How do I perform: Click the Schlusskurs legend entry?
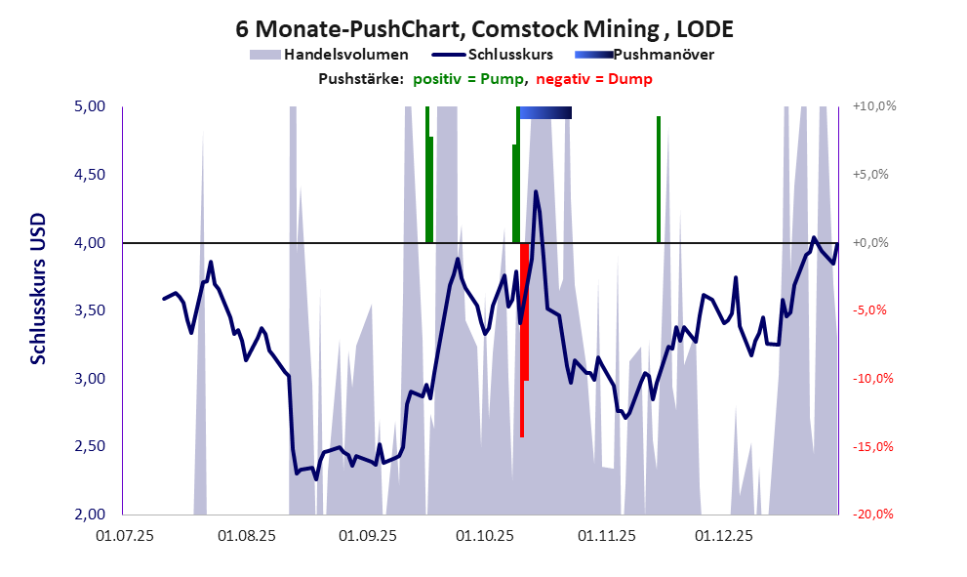[513, 55]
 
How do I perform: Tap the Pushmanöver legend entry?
[663, 55]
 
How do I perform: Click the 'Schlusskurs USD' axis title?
[38, 290]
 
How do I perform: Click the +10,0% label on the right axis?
[873, 106]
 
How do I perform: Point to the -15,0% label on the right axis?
[873, 447]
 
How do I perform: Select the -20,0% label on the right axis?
[873, 515]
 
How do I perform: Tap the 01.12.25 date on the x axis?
[723, 536]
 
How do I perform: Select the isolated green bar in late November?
[659, 179]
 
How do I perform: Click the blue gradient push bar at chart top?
[545, 113]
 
